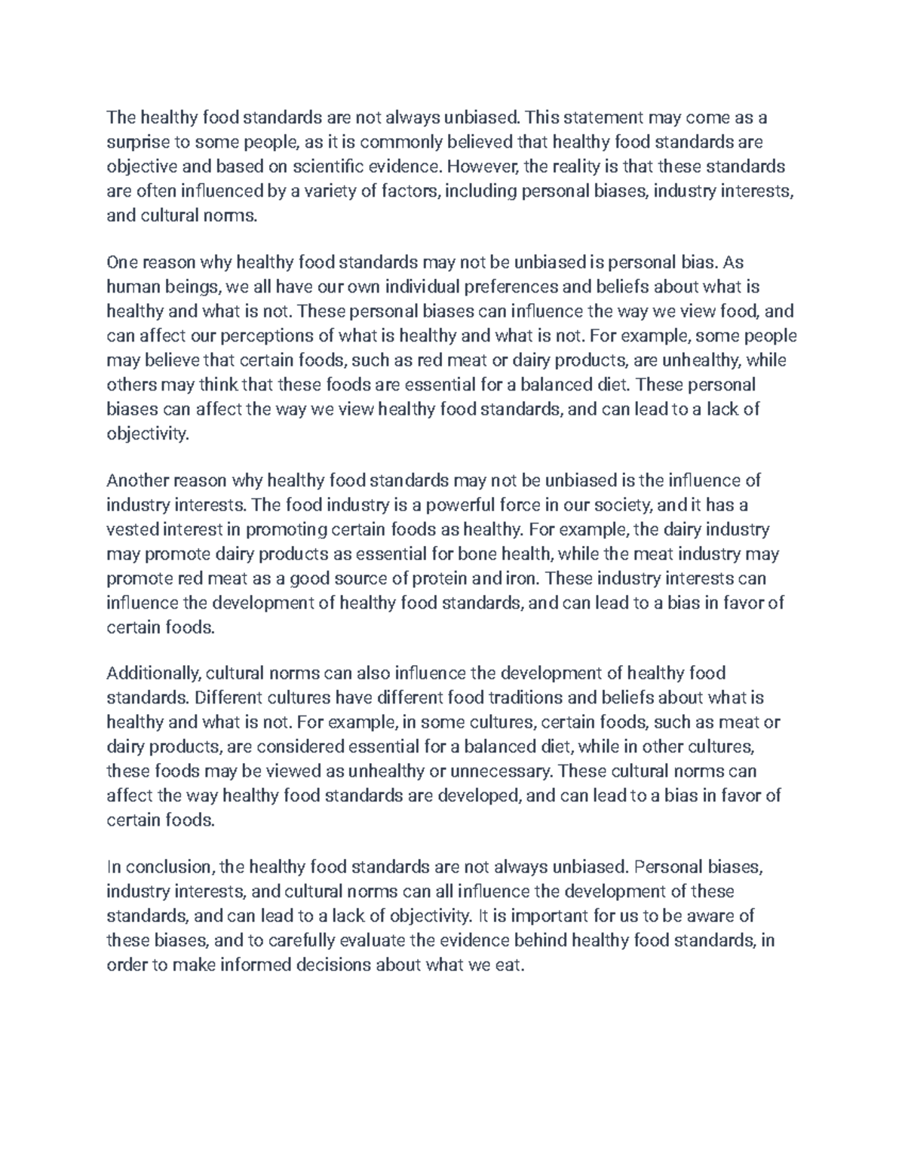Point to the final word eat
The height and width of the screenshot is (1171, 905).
509,965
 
